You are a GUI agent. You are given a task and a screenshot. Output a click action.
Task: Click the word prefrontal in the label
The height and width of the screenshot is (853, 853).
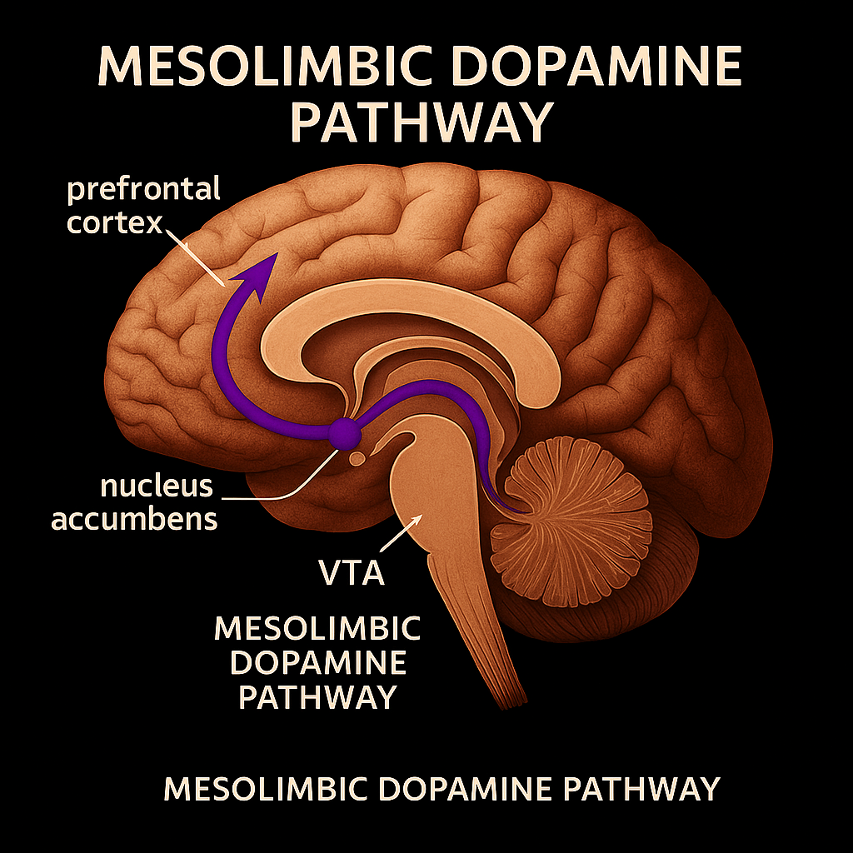click(143, 189)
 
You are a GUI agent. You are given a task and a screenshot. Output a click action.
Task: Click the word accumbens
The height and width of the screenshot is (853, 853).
click(134, 518)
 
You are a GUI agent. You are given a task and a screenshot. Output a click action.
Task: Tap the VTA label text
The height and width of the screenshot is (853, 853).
click(352, 572)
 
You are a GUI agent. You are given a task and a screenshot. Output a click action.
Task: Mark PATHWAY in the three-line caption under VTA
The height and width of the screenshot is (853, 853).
click(317, 698)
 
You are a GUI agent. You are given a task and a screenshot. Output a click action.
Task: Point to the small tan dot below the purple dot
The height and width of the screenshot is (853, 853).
click(357, 457)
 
